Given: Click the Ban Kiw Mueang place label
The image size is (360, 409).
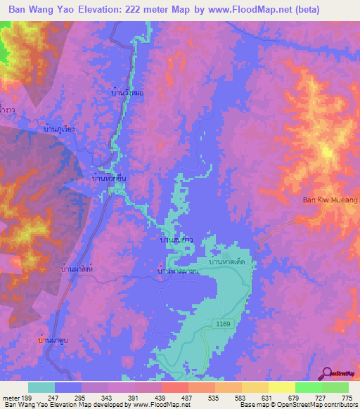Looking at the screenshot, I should (x=329, y=201).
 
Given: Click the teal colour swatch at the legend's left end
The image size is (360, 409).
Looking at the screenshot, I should (x=41, y=387).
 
